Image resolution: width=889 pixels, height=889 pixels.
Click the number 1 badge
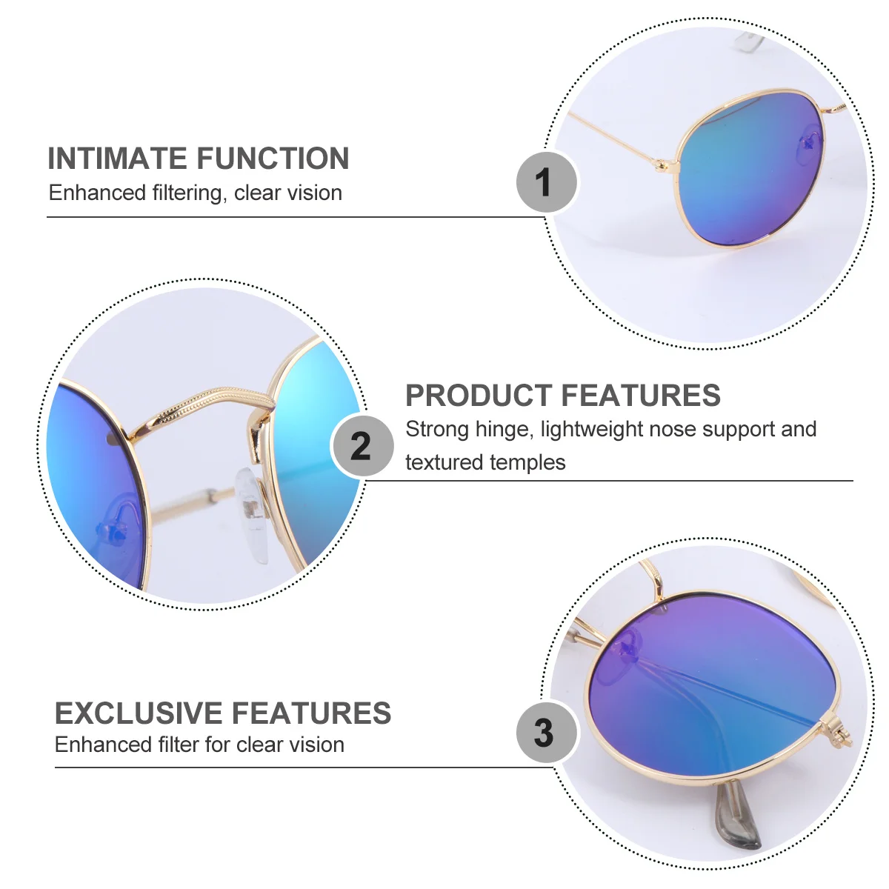point(546,182)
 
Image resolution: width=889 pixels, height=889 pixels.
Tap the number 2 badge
point(362,446)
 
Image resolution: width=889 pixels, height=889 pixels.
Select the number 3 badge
point(546,732)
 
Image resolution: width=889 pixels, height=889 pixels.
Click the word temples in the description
point(525,462)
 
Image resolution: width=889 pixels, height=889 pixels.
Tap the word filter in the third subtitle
point(179,745)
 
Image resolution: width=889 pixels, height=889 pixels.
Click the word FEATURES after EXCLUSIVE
point(319,713)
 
